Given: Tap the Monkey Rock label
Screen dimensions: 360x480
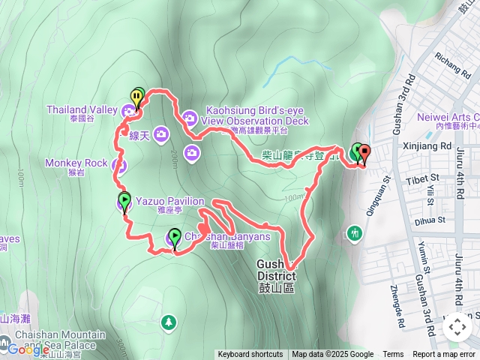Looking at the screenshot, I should point(76,163).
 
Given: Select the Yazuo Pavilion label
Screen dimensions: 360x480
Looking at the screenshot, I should point(169,201).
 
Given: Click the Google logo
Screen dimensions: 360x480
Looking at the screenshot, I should point(28,349).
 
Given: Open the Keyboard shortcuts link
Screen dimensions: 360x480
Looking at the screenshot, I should point(250,355).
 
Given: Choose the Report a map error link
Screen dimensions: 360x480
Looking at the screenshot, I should point(445,355).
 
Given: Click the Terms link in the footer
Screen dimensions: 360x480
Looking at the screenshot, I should point(393,355).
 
